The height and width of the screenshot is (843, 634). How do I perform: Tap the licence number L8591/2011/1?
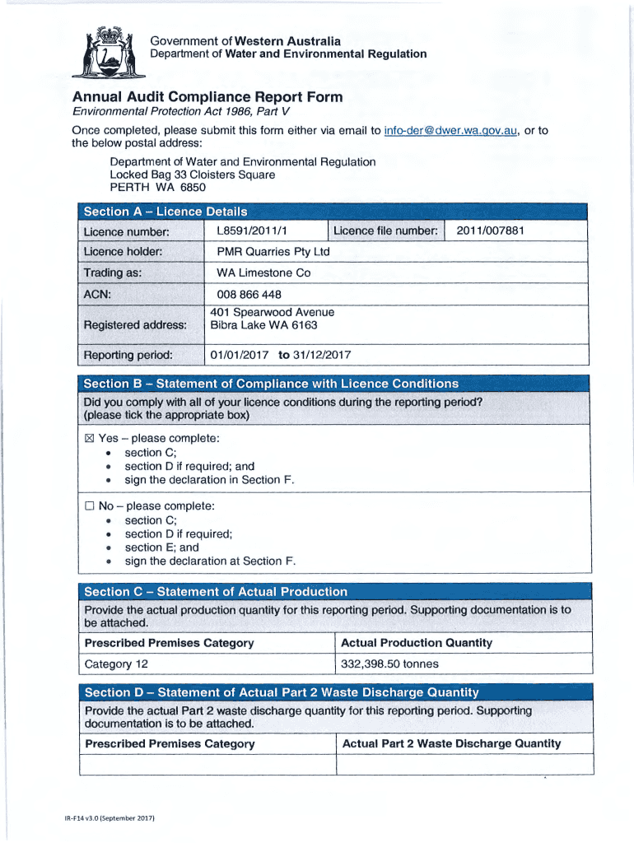(257, 231)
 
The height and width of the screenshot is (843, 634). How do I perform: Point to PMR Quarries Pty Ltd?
(273, 251)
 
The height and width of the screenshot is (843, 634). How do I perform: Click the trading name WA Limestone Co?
(263, 272)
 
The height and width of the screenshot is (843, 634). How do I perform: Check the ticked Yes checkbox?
(90, 439)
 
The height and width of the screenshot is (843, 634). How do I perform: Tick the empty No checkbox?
(90, 506)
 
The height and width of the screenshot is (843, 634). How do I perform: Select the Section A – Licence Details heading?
(165, 212)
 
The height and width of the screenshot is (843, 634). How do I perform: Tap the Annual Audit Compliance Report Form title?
(207, 97)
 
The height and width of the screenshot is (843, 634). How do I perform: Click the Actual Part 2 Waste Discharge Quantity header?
(451, 743)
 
